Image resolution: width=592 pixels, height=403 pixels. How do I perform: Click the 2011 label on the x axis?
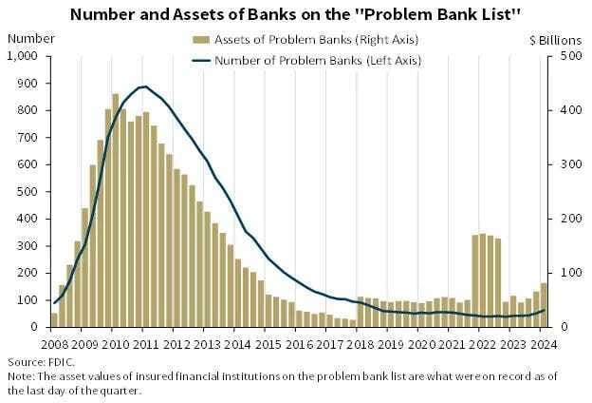[x=143, y=343]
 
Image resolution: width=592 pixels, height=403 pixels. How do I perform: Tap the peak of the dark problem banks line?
[x=143, y=86]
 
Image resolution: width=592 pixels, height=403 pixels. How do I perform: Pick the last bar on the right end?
[x=544, y=305]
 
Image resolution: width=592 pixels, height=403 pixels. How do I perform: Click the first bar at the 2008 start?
[x=55, y=319]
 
